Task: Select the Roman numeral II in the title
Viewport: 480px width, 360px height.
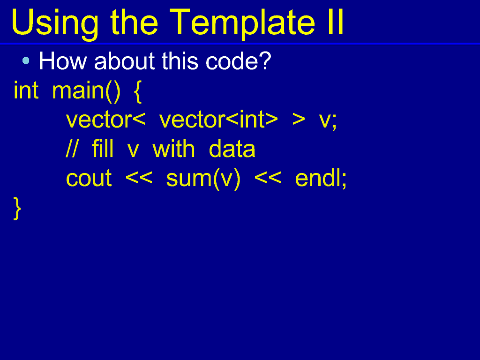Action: pyautogui.click(x=336, y=22)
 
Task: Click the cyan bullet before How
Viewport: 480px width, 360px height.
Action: pyautogui.click(x=26, y=60)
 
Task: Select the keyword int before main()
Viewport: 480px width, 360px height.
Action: pyautogui.click(x=26, y=90)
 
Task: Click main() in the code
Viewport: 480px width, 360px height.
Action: pyautogui.click(x=86, y=91)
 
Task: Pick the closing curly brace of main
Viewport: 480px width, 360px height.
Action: pyautogui.click(x=17, y=208)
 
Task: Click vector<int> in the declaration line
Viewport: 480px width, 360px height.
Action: pyautogui.click(x=218, y=119)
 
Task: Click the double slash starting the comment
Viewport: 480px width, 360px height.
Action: pyautogui.click(x=72, y=149)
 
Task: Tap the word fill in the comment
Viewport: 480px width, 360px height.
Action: pyautogui.click(x=103, y=149)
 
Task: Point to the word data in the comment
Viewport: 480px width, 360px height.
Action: pyautogui.click(x=232, y=149)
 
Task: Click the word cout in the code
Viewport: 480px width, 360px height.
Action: pyautogui.click(x=89, y=178)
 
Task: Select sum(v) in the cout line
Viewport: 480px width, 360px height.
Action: pyautogui.click(x=203, y=179)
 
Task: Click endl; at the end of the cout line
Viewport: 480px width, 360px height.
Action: pyautogui.click(x=321, y=179)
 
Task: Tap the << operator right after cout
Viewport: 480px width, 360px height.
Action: pyautogui.click(x=139, y=178)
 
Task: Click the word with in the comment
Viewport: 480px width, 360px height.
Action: pyautogui.click(x=173, y=149)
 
